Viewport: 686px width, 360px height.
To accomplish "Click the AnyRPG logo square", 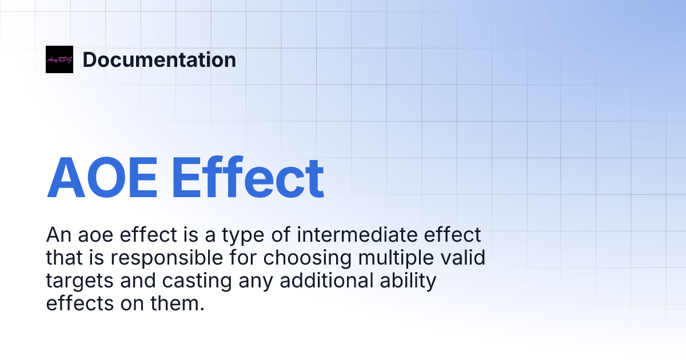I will click(59, 59).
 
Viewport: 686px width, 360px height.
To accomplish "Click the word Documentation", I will click(159, 59).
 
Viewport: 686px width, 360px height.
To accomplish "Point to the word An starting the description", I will click(58, 235).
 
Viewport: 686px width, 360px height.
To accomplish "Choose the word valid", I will click(465, 258).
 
